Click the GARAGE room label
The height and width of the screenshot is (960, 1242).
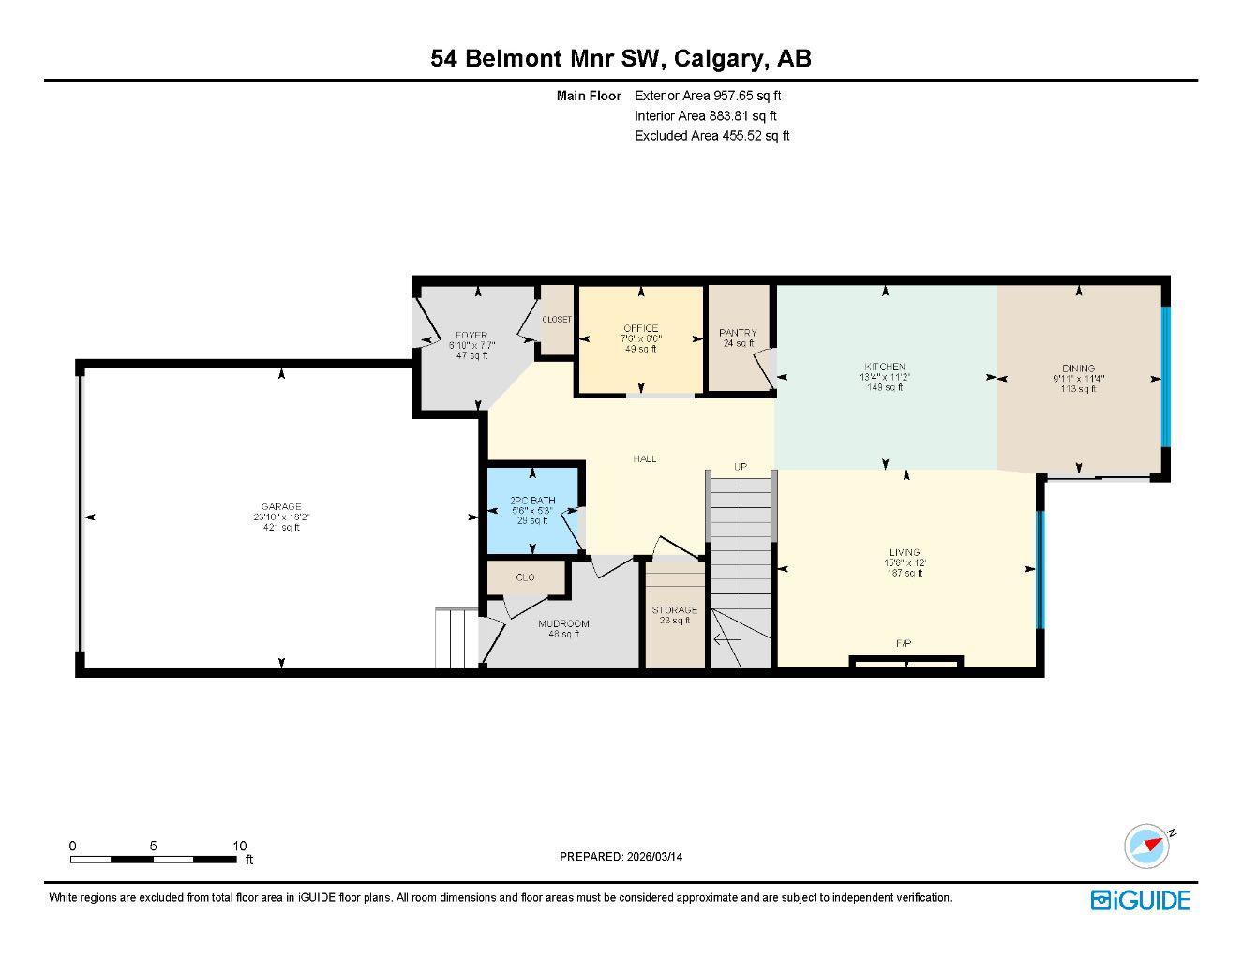point(281,507)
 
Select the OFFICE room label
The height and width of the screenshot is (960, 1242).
point(640,328)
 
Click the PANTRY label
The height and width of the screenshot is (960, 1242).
point(738,333)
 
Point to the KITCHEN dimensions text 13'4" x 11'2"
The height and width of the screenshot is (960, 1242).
point(885,377)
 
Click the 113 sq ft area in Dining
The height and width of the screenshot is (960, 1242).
point(1078,389)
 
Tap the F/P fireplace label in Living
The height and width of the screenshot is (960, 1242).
point(904,643)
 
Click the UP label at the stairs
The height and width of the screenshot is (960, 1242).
point(741,466)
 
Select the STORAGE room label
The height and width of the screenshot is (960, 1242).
point(675,609)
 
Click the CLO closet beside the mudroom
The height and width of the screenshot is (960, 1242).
point(525,577)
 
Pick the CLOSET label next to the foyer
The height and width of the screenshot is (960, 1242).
point(557,320)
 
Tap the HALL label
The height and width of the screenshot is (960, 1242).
point(645,458)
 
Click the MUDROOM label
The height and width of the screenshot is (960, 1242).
point(563,623)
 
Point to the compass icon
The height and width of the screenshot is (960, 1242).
point(1148,846)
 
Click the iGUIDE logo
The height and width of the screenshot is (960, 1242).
point(1140,900)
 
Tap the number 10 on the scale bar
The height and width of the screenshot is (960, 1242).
point(239,846)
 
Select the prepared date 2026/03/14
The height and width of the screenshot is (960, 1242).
point(661,856)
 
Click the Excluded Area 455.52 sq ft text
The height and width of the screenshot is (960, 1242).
point(711,136)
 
